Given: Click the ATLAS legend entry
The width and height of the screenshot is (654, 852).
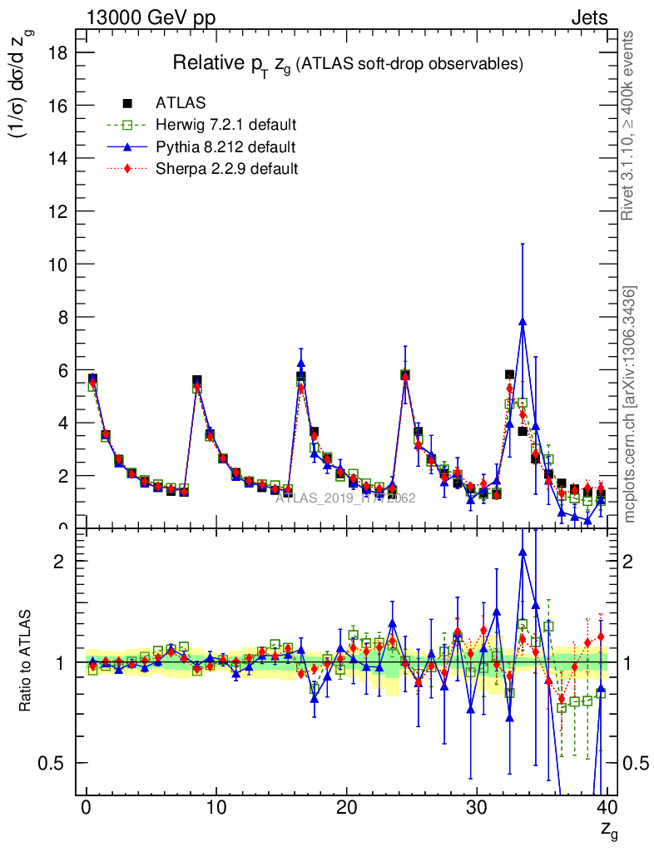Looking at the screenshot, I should pyautogui.click(x=181, y=103).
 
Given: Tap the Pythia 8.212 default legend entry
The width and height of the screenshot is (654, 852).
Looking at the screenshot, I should pyautogui.click(x=225, y=147).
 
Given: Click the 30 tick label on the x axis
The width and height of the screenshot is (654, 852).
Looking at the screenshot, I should pyautogui.click(x=477, y=808).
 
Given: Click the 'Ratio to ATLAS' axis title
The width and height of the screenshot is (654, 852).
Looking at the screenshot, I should pyautogui.click(x=26, y=662).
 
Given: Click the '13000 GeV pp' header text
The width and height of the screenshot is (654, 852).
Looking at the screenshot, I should pyautogui.click(x=150, y=18).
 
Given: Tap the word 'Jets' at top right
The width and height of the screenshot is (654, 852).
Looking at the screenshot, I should pyautogui.click(x=589, y=18).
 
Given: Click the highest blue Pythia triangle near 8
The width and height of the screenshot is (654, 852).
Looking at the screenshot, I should pyautogui.click(x=523, y=321).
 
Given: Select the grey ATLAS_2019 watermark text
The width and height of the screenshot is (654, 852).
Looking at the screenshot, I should pyautogui.click(x=345, y=498).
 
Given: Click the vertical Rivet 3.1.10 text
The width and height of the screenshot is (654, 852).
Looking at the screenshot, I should pyautogui.click(x=629, y=125).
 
